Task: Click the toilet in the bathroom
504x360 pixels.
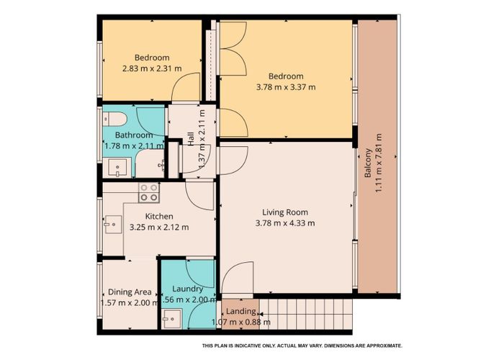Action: [117, 118]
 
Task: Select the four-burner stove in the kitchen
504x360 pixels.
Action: [149, 192]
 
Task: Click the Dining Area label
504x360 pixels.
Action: [130, 292]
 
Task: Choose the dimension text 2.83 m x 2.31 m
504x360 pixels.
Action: [151, 69]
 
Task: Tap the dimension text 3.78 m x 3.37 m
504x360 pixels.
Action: [286, 87]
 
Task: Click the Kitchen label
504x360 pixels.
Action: [159, 216]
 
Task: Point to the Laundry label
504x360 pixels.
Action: [186, 288]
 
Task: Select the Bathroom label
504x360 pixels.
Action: [134, 135]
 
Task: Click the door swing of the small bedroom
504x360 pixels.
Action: [186, 90]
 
